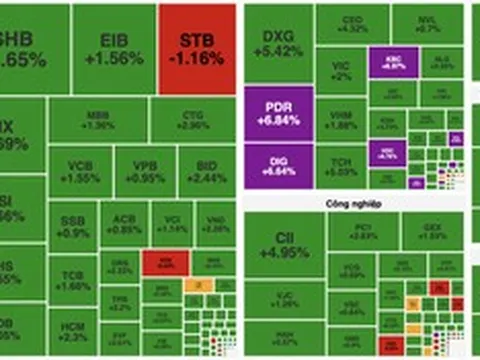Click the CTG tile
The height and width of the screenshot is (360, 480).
click(x=192, y=120)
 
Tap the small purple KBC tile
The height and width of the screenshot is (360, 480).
click(x=386, y=62)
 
